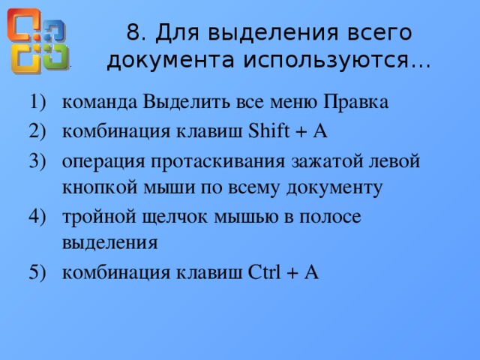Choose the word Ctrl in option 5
264,273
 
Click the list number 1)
36,101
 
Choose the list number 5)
36,273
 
